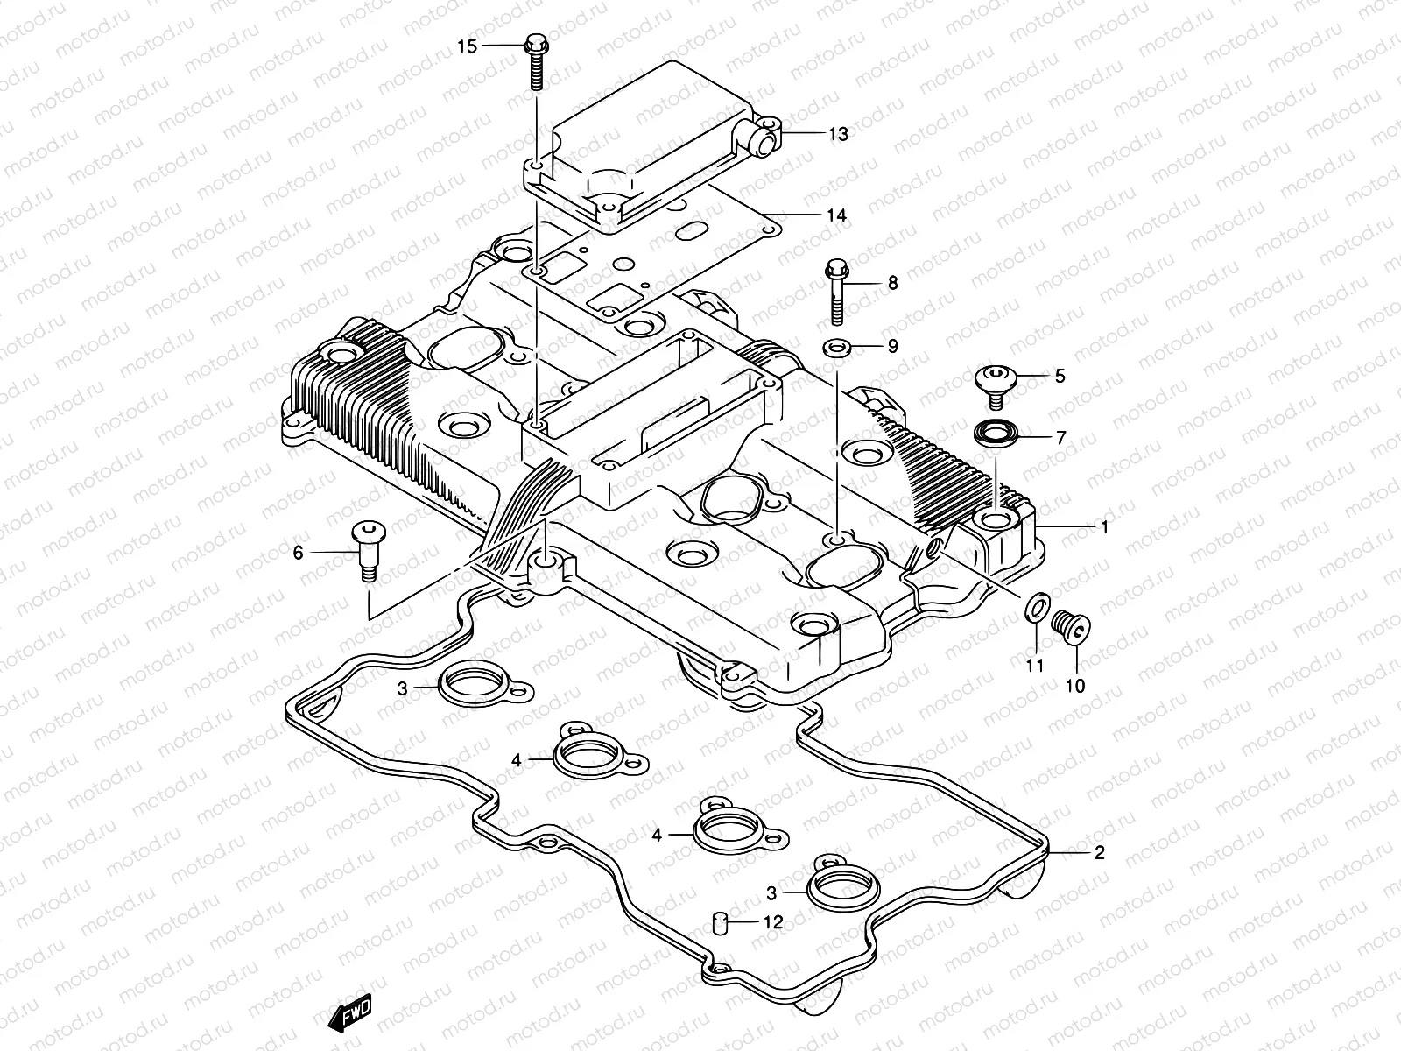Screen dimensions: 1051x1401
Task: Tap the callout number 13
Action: click(x=838, y=134)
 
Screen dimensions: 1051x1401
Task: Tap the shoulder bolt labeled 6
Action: click(x=368, y=549)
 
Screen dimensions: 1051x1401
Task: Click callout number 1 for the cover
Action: click(x=1104, y=527)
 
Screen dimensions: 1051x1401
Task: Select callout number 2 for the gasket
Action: click(x=1099, y=852)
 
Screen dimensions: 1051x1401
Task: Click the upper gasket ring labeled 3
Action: click(x=474, y=688)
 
